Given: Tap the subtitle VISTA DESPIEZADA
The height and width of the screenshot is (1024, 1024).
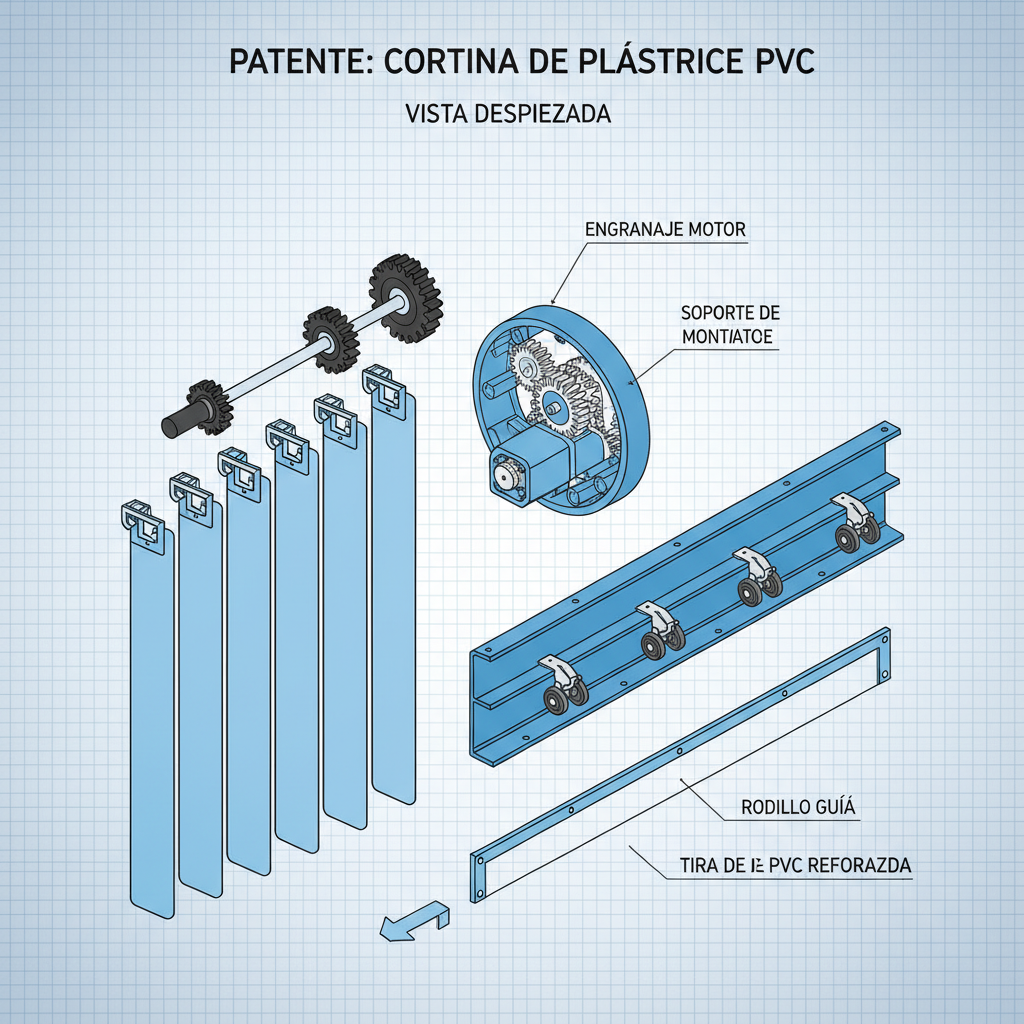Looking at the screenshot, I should coord(509,114).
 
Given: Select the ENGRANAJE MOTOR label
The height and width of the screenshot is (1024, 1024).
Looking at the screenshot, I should coord(664,229).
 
